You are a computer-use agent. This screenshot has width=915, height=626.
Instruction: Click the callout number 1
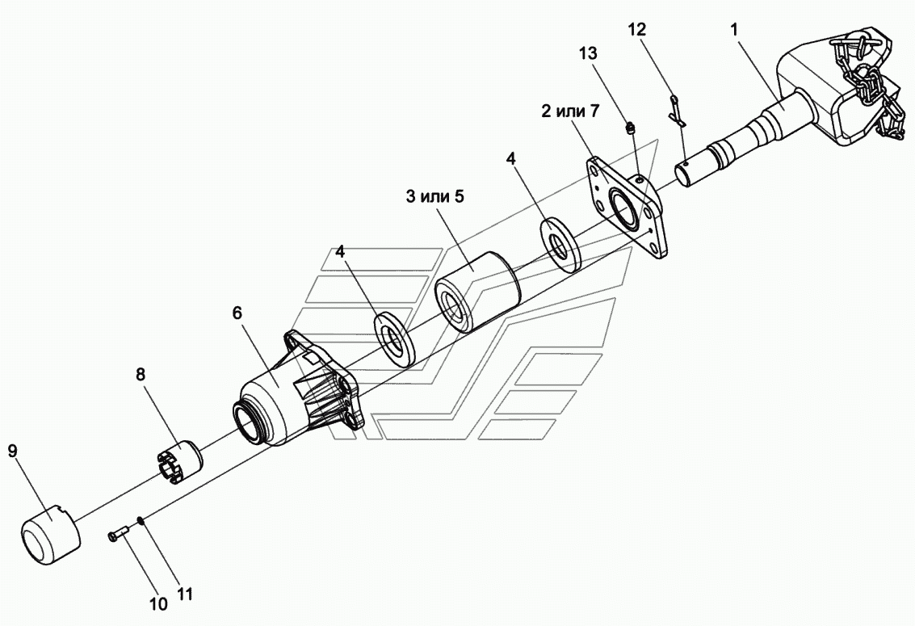[x=735, y=30]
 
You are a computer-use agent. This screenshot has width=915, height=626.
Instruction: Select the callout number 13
[x=588, y=53]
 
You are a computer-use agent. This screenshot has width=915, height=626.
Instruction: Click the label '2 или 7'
[x=569, y=111]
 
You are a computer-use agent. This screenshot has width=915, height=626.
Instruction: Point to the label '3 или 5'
[x=435, y=196]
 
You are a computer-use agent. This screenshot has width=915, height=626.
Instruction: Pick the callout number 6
[x=237, y=313]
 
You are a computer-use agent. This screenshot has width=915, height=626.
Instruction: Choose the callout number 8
[x=141, y=374]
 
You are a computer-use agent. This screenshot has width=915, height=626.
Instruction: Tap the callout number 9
[x=13, y=450]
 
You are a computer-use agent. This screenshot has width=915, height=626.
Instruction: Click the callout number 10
[x=158, y=603]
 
